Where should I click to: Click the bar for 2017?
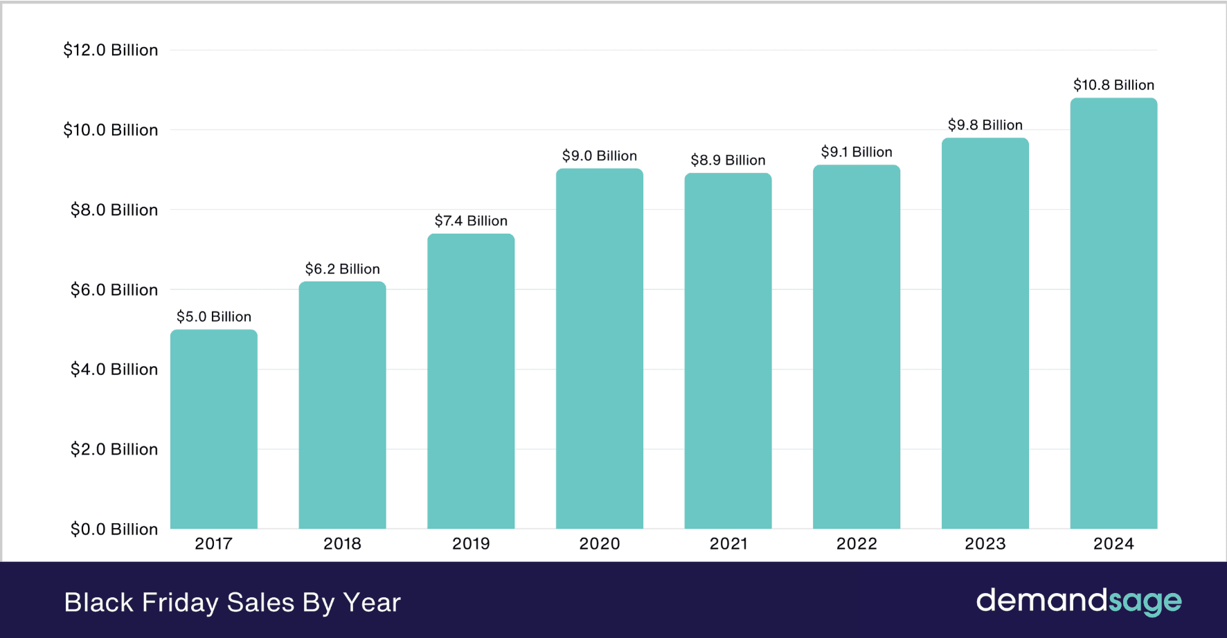[x=214, y=429]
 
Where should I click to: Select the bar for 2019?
[x=471, y=381]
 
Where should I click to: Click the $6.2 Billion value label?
[x=342, y=268]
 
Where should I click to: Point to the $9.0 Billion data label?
[x=599, y=156]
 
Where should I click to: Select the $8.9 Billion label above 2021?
[x=728, y=160]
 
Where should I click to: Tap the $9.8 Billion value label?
[x=985, y=125]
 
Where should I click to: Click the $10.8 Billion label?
[x=1113, y=85]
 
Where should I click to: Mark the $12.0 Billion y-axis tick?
[x=111, y=50]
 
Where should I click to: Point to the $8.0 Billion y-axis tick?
[x=114, y=210]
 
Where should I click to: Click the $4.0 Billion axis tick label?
[x=114, y=370]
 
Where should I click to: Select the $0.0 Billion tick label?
[x=114, y=529]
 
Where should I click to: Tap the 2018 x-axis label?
[x=342, y=544]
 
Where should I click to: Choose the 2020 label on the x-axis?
[x=599, y=544]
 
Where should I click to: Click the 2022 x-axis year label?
[x=857, y=544]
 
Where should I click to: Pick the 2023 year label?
[x=985, y=544]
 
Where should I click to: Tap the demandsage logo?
[x=1079, y=601]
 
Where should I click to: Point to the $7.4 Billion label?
[x=471, y=221]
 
